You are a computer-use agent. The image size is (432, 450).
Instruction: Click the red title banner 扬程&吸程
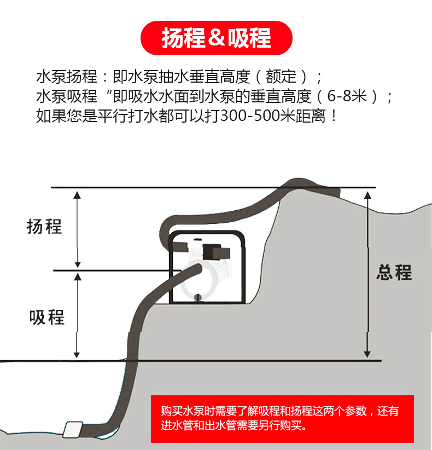217,38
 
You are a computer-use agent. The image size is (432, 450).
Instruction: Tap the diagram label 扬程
44,227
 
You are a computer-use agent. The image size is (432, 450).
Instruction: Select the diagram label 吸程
47,318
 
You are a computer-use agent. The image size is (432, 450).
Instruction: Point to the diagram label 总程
394,272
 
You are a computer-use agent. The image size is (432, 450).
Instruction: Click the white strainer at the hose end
73,430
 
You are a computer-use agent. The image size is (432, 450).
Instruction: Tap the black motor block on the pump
216,252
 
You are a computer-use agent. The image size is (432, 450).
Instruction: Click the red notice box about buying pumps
282,419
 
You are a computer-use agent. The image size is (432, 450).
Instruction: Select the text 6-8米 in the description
347,96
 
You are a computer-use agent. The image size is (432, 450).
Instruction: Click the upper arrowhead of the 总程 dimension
367,195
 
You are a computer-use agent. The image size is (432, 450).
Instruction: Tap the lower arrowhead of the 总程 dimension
367,354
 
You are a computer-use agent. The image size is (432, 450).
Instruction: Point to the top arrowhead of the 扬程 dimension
77,195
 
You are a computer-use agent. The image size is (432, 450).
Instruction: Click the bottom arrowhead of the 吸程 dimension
77,354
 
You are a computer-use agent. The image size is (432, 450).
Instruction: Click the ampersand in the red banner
216,38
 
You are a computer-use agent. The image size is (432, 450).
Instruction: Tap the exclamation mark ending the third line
334,116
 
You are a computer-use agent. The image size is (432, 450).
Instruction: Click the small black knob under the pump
197,297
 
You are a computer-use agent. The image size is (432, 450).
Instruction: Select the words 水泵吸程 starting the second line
67,96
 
